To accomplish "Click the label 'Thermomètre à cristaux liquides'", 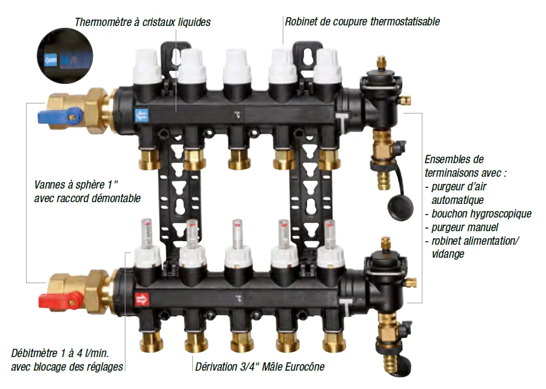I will (x=142, y=22).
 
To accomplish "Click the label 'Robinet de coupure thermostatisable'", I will (x=362, y=22).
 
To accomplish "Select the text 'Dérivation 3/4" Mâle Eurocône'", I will (x=260, y=367).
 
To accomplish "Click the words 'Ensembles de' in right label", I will (x=454, y=160).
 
